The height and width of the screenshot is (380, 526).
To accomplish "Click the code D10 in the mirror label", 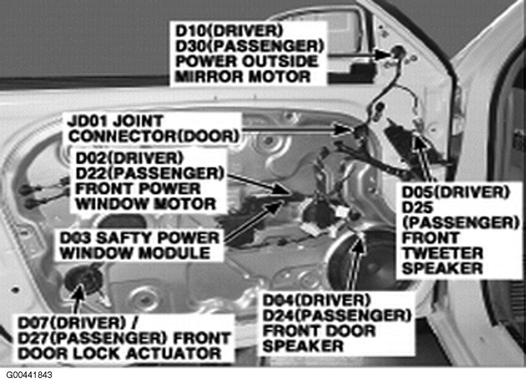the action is (190, 31).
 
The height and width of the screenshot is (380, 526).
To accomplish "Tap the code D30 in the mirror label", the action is (191, 46).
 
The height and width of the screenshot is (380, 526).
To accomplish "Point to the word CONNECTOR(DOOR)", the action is (154, 137).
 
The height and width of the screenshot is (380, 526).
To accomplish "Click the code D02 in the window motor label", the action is (92, 158).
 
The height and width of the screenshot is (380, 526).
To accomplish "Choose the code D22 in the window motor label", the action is (92, 173).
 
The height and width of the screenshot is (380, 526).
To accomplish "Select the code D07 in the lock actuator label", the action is (34, 323).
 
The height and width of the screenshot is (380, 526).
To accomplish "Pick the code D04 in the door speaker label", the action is (279, 300).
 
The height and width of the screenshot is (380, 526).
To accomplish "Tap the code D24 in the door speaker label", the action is (279, 315).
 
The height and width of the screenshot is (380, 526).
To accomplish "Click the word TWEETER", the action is (442, 253).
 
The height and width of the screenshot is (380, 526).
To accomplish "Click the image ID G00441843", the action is (29, 374).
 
